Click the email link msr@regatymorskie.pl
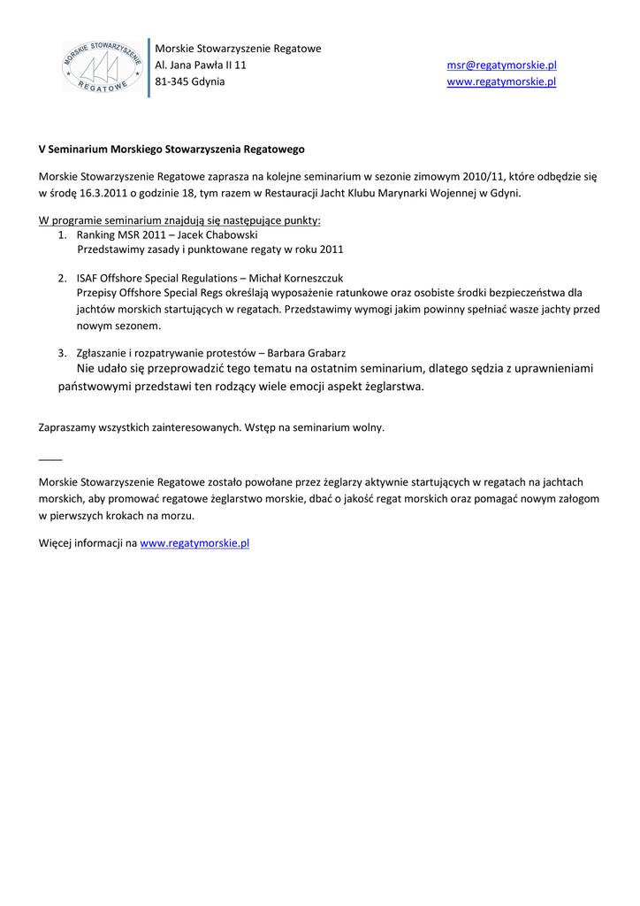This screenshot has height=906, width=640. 501,65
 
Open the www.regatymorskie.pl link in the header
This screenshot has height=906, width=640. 501,81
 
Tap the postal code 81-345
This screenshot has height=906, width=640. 171,81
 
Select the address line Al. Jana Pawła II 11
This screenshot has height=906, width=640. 201,65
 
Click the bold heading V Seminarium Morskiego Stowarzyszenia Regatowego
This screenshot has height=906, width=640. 171,150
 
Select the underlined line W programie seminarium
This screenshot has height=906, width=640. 179,219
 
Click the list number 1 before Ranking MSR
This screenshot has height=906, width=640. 62,235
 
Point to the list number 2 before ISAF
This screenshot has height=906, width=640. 62,277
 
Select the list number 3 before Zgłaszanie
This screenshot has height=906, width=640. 62,352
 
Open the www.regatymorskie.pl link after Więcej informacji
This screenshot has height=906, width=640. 194,542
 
